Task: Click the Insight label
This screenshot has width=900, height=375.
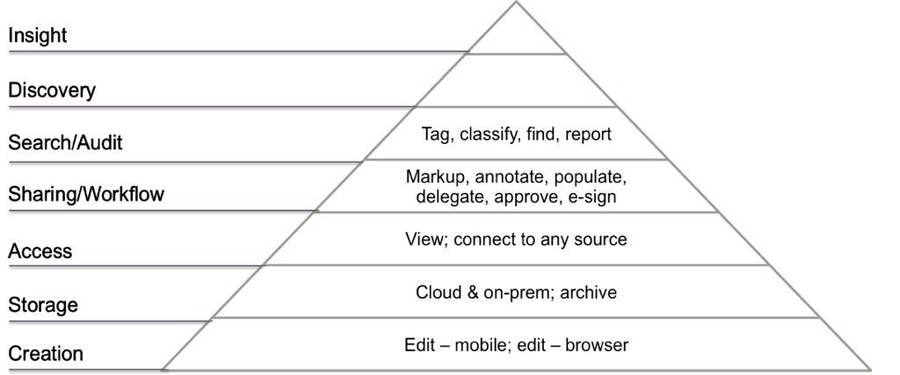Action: point(38,36)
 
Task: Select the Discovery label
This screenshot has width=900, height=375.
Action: point(52,90)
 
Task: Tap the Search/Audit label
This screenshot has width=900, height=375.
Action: point(65,142)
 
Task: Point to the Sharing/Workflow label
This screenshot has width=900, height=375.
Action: point(86,194)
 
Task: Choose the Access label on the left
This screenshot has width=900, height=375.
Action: point(40,251)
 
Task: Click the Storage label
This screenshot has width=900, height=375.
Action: point(43,305)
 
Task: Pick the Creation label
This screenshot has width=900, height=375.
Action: point(46,354)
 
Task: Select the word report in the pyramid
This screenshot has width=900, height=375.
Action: point(588,134)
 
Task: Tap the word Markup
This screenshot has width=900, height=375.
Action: point(435,177)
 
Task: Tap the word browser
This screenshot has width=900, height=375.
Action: point(597,345)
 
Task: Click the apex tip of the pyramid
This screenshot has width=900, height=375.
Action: point(517,3)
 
